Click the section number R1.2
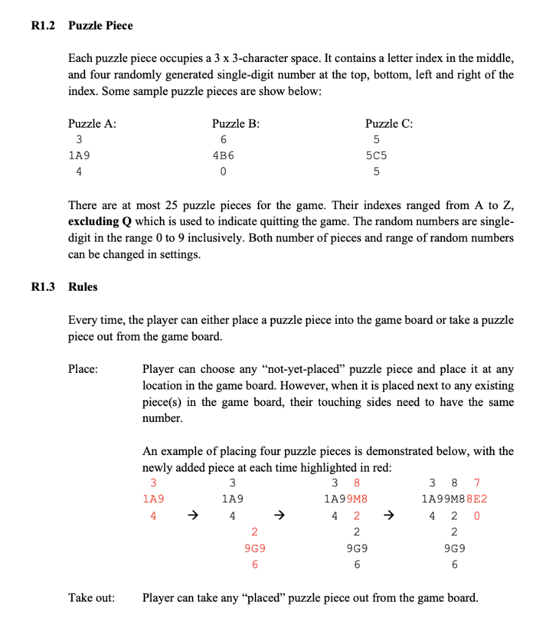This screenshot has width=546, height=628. [43, 26]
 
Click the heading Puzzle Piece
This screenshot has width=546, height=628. [100, 26]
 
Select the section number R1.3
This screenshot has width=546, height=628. [43, 286]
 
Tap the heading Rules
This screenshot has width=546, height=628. [83, 286]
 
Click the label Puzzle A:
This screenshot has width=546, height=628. [92, 123]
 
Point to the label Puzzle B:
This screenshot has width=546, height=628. [235, 123]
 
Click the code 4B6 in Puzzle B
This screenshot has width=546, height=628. [223, 156]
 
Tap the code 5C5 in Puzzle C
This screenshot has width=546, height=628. [376, 156]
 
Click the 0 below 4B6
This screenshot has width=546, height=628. [223, 172]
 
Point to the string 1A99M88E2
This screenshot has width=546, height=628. [455, 499]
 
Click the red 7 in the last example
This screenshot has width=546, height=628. [477, 483]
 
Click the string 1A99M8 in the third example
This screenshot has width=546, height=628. [346, 499]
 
